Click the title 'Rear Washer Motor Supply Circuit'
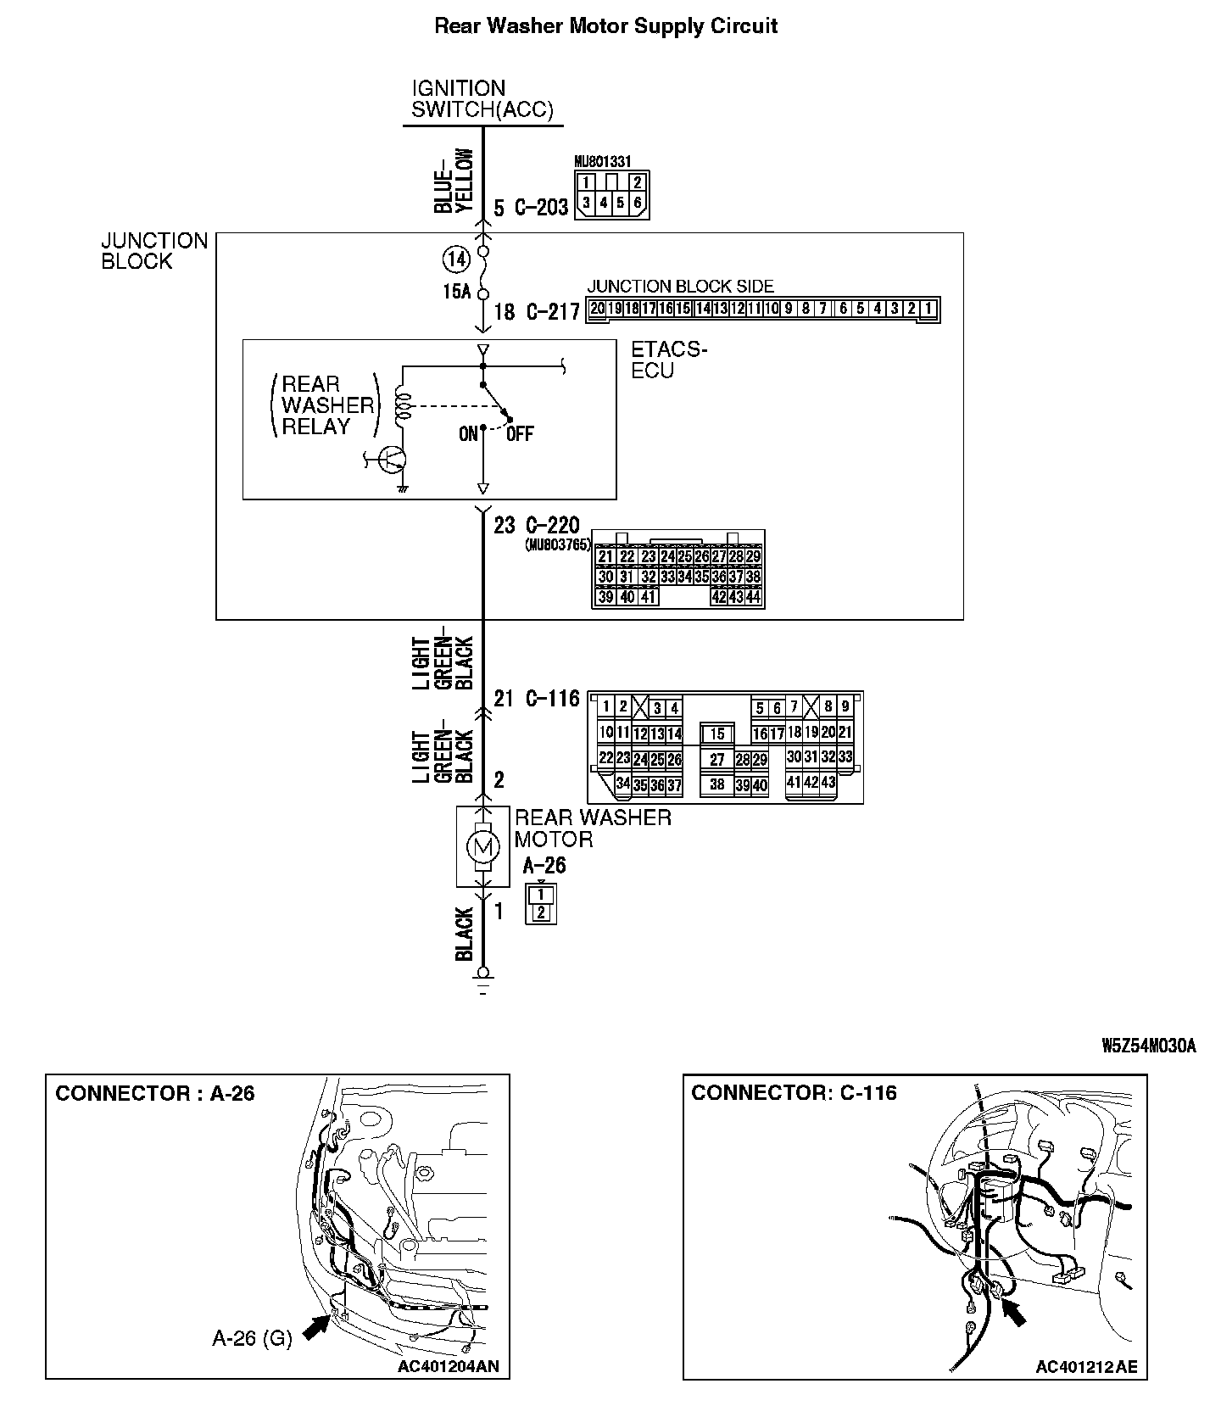coord(605,26)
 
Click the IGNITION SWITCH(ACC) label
coord(482,99)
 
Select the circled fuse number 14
coord(456,259)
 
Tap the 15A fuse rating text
coord(456,292)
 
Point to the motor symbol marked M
coord(482,845)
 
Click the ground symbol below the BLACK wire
coord(483,985)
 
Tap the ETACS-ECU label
coord(668,360)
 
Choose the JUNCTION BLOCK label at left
coord(153,251)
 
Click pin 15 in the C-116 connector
coord(717,734)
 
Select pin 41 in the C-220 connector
coord(648,597)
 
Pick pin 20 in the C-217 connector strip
coord(598,309)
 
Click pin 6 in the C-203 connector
coord(638,204)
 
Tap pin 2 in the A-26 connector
coord(541,913)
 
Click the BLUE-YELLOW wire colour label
coord(454,181)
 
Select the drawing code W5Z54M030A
coord(1148,1046)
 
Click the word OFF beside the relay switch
coord(520,434)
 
